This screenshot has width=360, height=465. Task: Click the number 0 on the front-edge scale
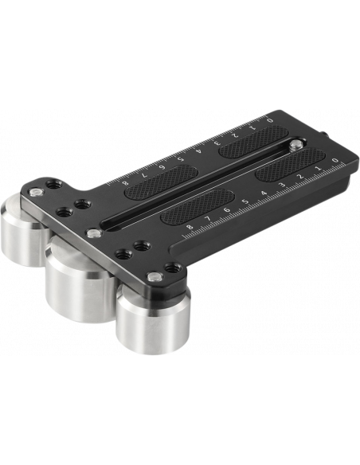click(x=335, y=160)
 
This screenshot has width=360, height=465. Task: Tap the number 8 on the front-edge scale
click(x=190, y=228)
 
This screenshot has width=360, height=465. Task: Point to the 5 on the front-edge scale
click(x=245, y=202)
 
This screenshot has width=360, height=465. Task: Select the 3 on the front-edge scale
click(x=282, y=186)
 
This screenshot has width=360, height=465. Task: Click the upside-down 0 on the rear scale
click(x=269, y=120)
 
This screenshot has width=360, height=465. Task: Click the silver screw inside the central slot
click(x=295, y=145)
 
